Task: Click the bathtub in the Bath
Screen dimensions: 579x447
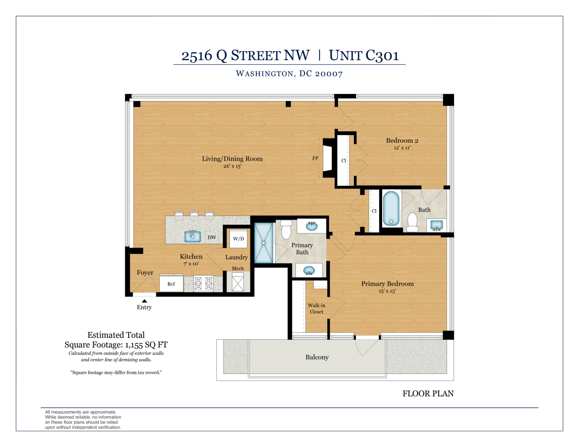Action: (x=391, y=209)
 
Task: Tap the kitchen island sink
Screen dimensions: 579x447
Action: (x=193, y=236)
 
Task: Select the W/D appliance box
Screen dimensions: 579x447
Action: (x=238, y=239)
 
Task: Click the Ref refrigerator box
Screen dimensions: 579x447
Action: (x=171, y=284)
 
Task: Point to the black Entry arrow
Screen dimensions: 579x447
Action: (x=144, y=301)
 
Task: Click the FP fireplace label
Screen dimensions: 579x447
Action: (x=315, y=158)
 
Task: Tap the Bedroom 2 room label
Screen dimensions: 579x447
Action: (x=402, y=141)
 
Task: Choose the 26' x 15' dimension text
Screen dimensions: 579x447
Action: (x=232, y=166)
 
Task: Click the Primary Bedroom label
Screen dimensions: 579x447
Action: (x=388, y=284)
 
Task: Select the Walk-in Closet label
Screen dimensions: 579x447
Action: (x=317, y=308)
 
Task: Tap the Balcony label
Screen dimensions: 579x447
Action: (x=317, y=357)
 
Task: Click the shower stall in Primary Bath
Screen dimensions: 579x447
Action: (x=263, y=243)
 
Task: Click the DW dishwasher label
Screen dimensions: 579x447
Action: (x=212, y=238)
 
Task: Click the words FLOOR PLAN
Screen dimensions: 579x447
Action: (x=428, y=393)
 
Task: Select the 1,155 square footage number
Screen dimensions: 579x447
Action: (x=134, y=345)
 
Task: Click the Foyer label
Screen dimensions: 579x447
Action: (x=145, y=273)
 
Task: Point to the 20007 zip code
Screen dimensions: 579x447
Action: (x=329, y=74)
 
